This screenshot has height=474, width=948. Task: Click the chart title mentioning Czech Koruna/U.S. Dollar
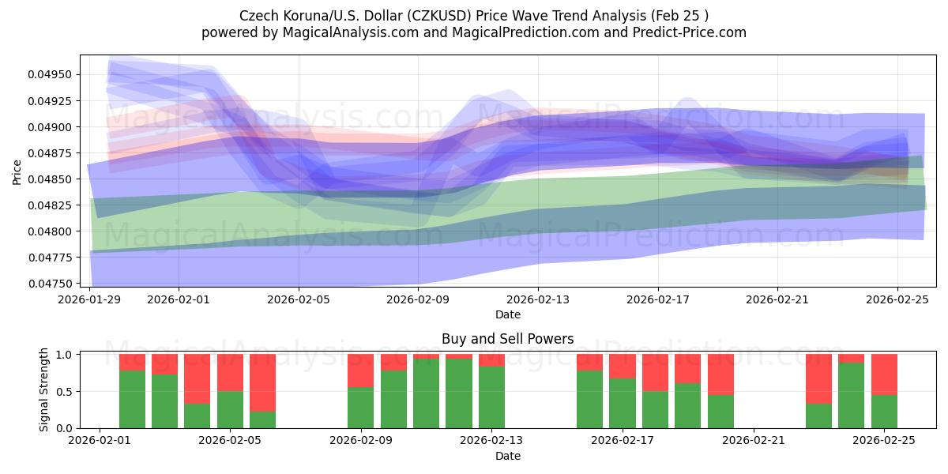tap(474, 15)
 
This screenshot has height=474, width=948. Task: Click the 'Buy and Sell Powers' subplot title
tap(507, 339)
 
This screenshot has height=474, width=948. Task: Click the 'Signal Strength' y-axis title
tap(44, 389)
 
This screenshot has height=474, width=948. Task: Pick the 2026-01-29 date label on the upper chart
tap(91, 299)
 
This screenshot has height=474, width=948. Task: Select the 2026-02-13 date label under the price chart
tap(537, 299)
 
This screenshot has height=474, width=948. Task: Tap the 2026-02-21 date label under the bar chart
tap(753, 441)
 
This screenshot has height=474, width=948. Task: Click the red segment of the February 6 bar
tap(262, 382)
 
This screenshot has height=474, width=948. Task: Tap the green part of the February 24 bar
tap(851, 395)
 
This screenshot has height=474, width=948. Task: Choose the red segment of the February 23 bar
tap(818, 378)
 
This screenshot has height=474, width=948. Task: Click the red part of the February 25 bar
tap(884, 374)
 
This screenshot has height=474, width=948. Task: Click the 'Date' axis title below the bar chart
tap(507, 456)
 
